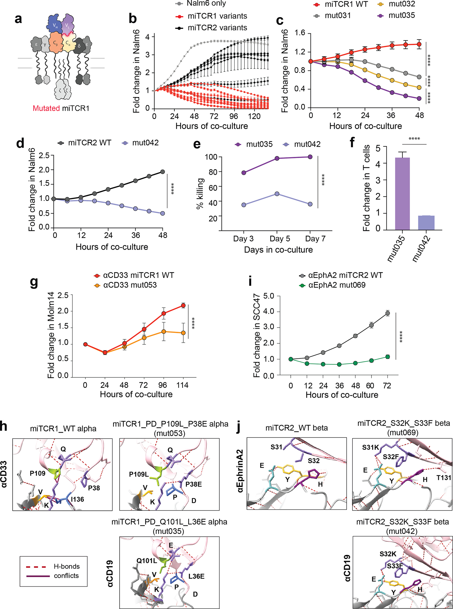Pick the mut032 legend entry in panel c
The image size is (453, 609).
coord(401,4)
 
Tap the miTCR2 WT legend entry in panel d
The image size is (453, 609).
coord(89,143)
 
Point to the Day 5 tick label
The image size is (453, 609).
coord(280,239)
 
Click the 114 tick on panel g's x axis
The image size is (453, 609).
coord(182,385)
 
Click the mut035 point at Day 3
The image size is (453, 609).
coord(244,173)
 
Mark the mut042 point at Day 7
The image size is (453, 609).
coord(310,204)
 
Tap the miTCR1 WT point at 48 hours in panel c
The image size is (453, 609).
coord(419,44)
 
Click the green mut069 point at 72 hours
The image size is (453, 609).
coord(388,357)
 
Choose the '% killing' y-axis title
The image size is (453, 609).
coord(200,193)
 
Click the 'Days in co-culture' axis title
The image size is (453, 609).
coord(278,250)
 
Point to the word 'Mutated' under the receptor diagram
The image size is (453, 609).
coord(46,108)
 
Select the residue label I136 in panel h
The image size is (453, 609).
coord(77,499)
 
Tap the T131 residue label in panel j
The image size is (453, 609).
coord(444,478)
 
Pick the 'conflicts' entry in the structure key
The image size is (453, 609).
coord(66,576)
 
